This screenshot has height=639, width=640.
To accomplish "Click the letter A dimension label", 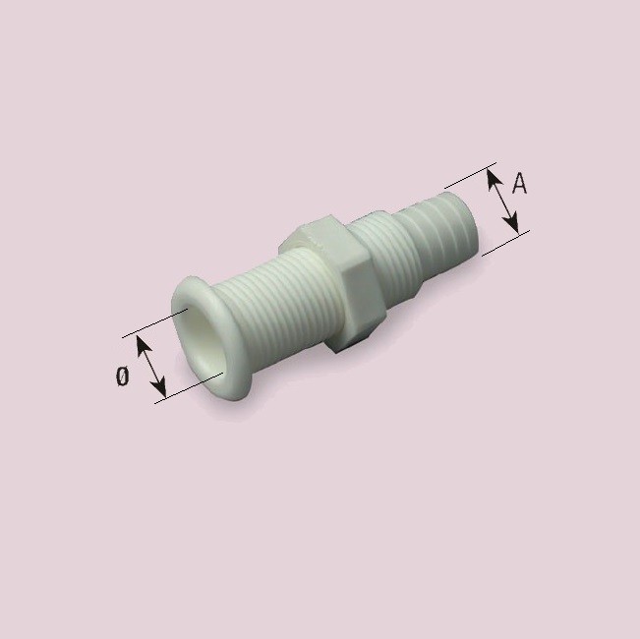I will [521, 183].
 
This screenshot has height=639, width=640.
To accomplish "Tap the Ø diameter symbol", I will [122, 375].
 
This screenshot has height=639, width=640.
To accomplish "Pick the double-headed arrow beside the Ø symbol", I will [150, 367].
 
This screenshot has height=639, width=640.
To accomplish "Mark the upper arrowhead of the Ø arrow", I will [141, 343].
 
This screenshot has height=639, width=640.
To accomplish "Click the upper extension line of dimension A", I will [470, 177].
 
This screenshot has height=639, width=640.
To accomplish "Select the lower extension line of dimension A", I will [505, 243].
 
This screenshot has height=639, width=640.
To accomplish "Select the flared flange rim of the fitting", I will [187, 295].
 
